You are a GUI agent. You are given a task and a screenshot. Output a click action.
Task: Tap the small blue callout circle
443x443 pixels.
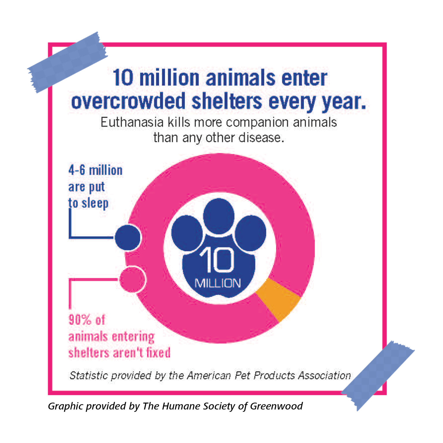[x=127, y=238]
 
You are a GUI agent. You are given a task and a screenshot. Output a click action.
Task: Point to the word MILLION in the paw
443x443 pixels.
[x=218, y=283]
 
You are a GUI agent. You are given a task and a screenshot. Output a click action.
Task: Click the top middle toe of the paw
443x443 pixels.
[x=219, y=216]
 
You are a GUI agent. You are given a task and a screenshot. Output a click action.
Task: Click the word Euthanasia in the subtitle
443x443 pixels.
[x=132, y=122]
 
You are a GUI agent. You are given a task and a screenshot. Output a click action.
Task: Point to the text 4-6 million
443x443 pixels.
[x=95, y=170]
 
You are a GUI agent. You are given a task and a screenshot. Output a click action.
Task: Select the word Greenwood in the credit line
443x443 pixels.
[x=276, y=406]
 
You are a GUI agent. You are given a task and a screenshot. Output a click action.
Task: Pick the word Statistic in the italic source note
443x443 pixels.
[x=89, y=376]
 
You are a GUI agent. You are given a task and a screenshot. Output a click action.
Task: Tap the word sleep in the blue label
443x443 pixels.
[x=95, y=203]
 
